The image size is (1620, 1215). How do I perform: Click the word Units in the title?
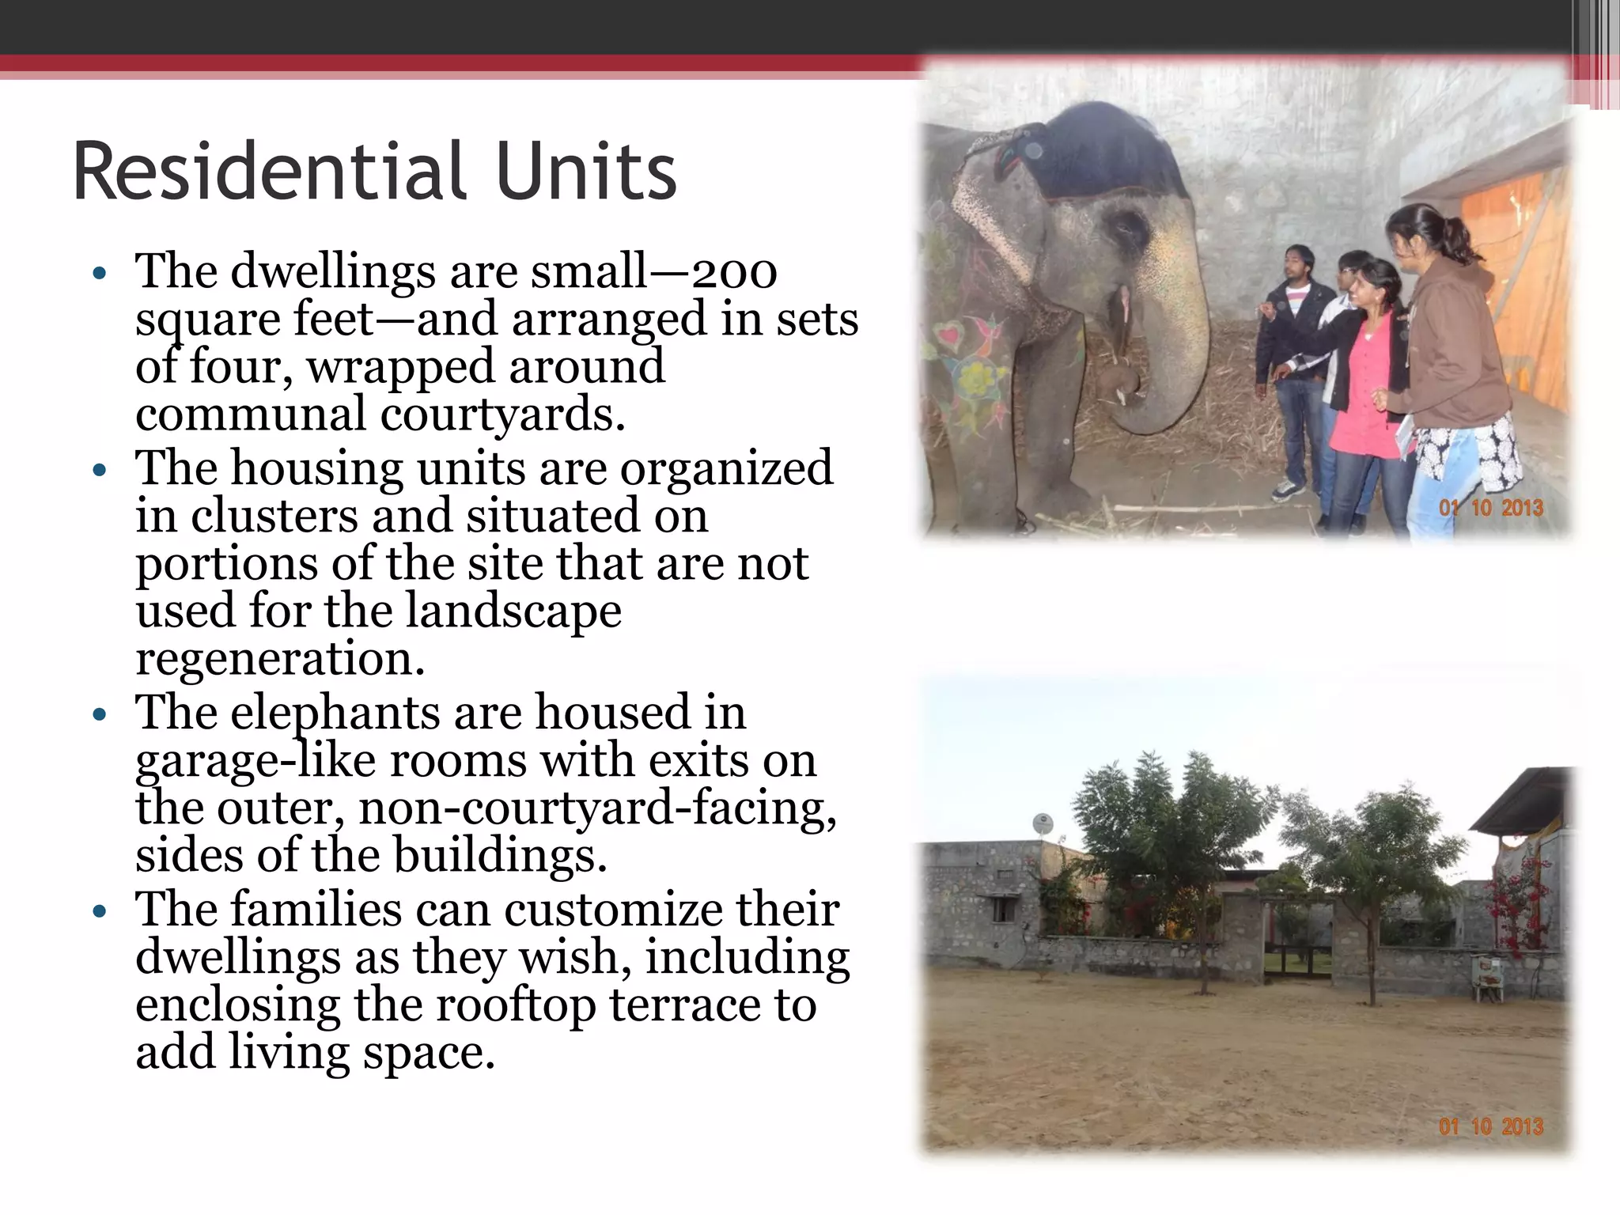(587, 171)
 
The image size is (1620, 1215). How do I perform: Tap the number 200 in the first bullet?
(734, 273)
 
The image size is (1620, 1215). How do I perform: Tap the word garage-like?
(255, 761)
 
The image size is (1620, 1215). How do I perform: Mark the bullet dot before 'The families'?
(99, 912)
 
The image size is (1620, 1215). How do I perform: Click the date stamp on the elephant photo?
(1491, 507)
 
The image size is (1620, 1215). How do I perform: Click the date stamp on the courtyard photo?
(1491, 1126)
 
